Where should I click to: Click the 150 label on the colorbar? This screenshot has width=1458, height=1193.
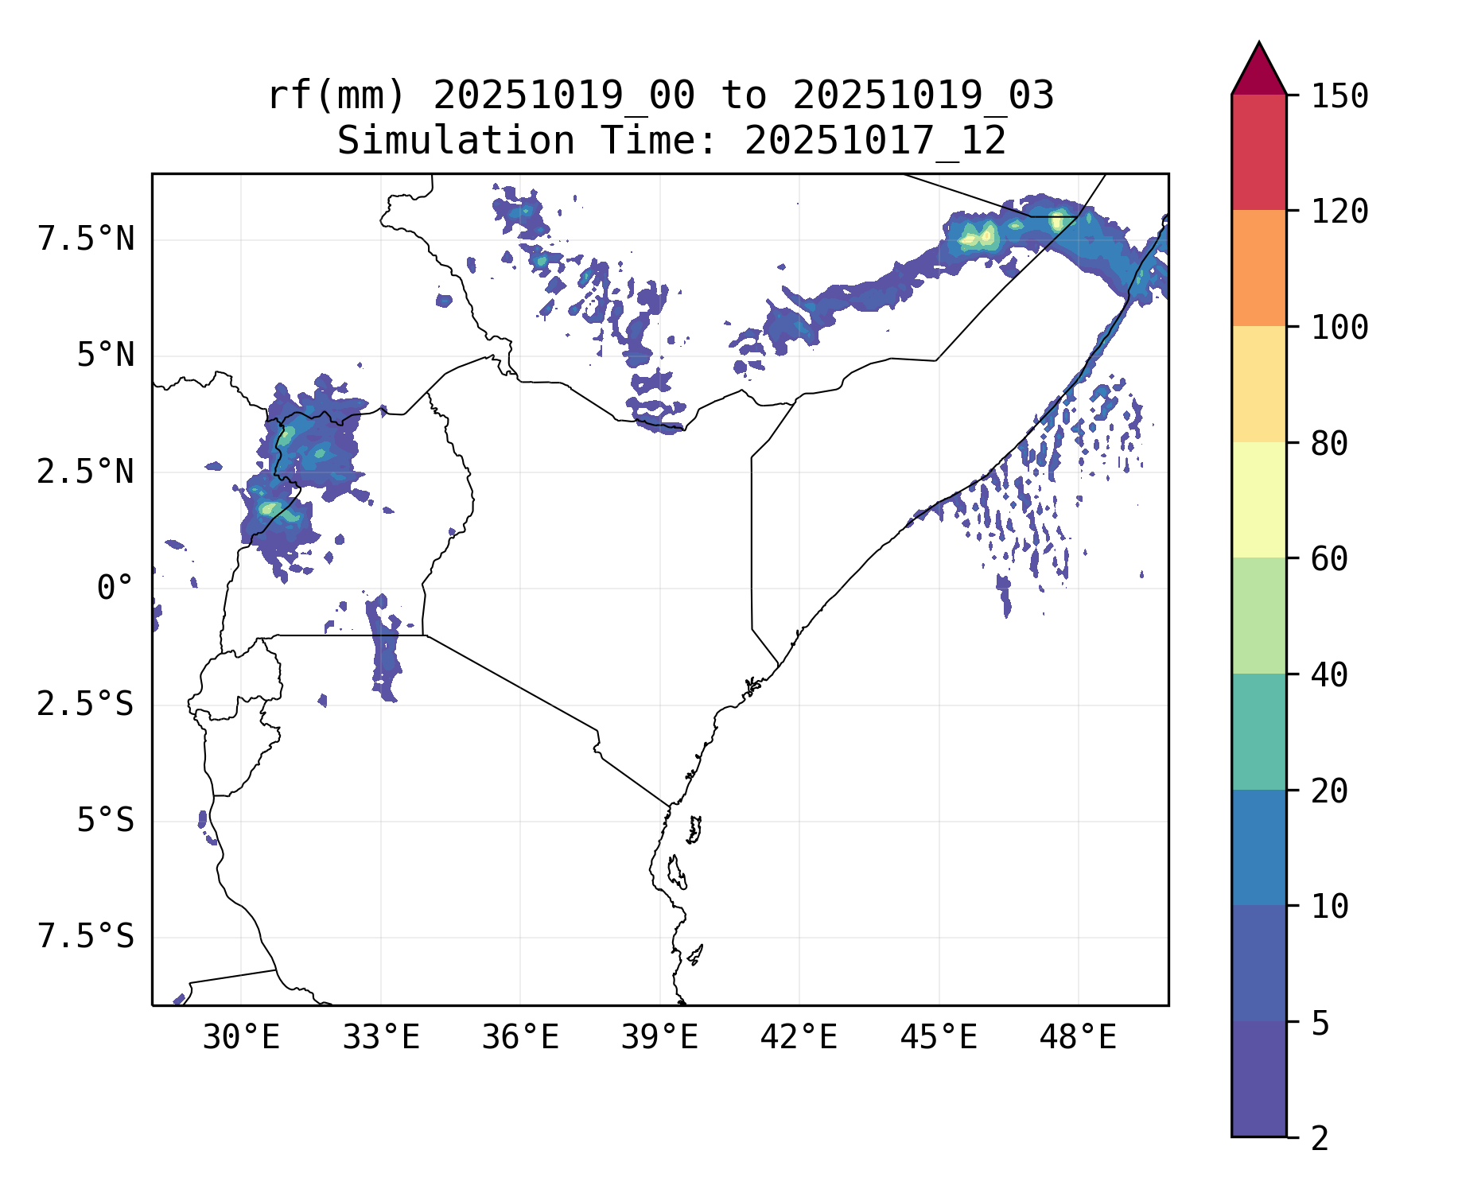click(x=1339, y=96)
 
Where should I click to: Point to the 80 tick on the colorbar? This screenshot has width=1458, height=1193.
click(x=1329, y=443)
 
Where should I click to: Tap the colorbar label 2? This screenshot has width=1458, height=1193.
click(x=1320, y=1138)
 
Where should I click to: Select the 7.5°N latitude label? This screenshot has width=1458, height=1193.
click(x=86, y=239)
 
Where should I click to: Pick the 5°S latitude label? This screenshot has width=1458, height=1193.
click(x=105, y=820)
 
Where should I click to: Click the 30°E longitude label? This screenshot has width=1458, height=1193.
click(x=241, y=1037)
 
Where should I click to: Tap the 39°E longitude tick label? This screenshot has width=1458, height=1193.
click(x=659, y=1037)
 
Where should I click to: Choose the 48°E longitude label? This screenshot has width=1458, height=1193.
click(x=1078, y=1037)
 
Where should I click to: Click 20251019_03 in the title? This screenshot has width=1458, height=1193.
click(x=923, y=95)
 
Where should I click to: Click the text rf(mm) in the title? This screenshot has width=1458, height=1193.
click(x=336, y=95)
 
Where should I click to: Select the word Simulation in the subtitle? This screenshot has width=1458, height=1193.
click(x=456, y=141)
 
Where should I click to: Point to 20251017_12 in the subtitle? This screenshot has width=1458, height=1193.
click(x=875, y=141)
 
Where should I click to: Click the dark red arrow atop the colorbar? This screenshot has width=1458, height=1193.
click(x=1258, y=70)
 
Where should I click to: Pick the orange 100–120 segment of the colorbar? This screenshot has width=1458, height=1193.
click(x=1258, y=268)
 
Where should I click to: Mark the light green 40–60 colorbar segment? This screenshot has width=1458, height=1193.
click(x=1258, y=616)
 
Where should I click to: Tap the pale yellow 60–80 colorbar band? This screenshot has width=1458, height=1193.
click(x=1258, y=499)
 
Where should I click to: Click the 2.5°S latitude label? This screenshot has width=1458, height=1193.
click(x=86, y=704)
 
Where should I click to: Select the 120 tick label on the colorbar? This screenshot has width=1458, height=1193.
click(x=1339, y=212)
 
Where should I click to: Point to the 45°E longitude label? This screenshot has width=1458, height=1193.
click(x=939, y=1037)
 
